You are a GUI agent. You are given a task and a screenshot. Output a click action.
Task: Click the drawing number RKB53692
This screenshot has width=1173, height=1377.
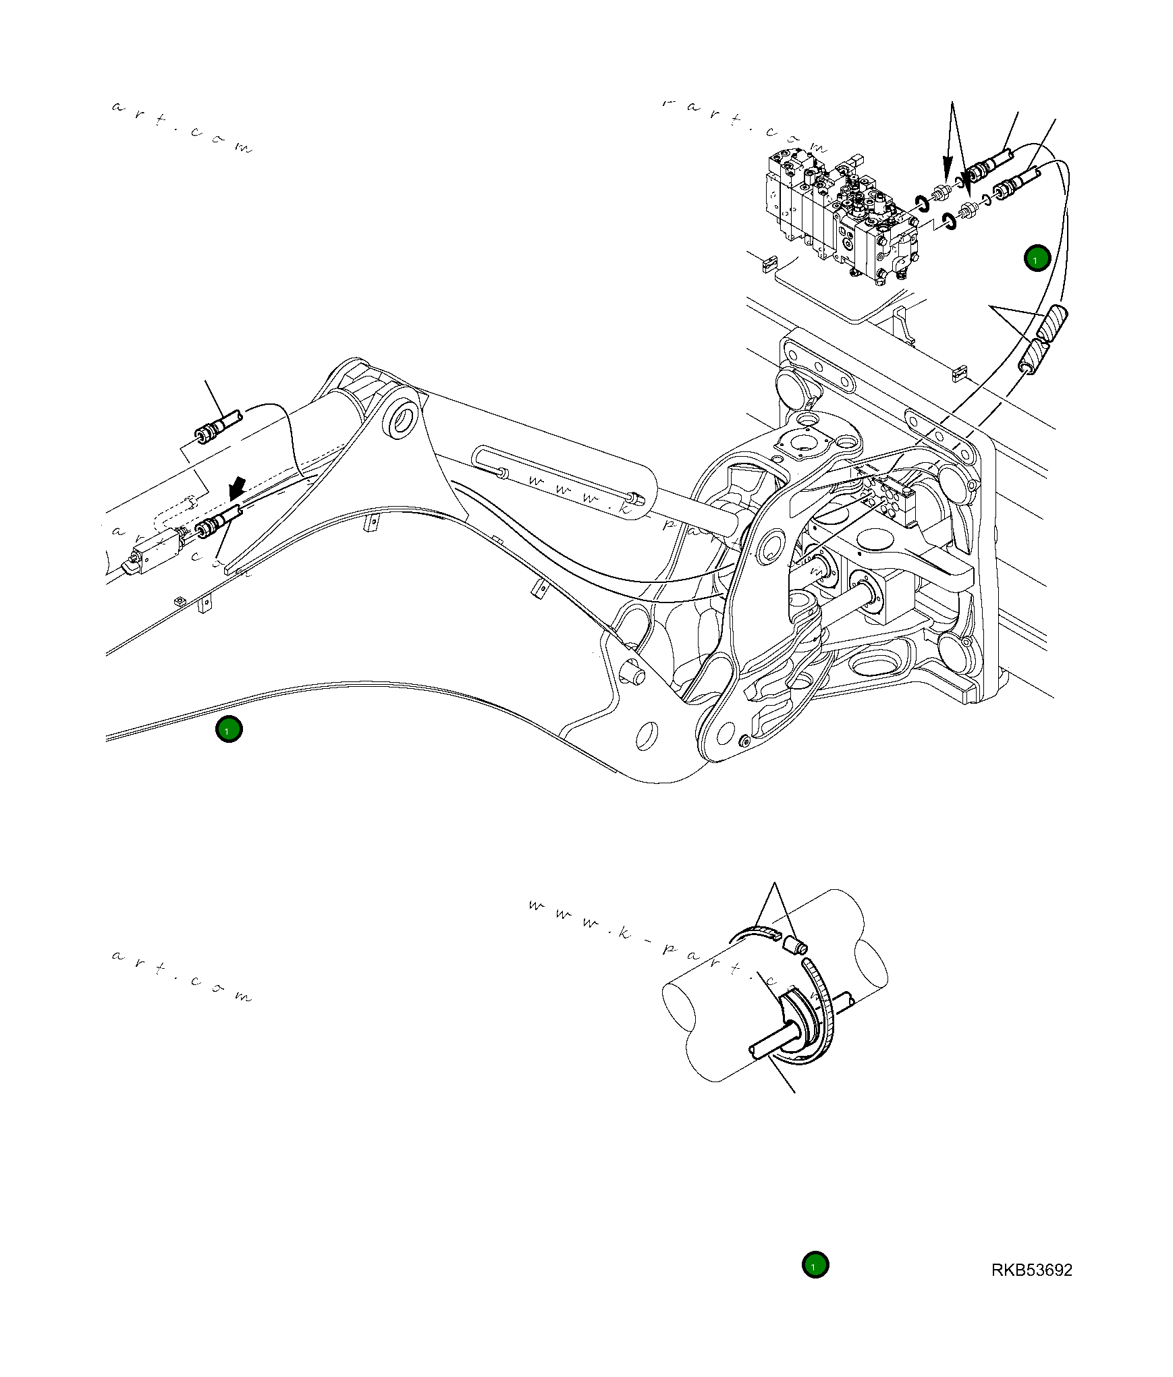pos(1031,1270)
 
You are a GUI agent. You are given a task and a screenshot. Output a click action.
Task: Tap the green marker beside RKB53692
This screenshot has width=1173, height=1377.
pos(815,1265)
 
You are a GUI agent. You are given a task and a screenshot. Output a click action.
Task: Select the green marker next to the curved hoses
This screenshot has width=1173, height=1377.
pos(1037,258)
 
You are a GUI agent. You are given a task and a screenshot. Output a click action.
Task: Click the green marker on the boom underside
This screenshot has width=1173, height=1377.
pos(229,729)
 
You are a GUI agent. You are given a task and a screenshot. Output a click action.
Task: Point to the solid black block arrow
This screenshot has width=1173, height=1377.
pos(236,485)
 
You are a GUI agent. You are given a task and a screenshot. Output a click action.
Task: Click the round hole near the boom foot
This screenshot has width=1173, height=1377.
pos(647,735)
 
